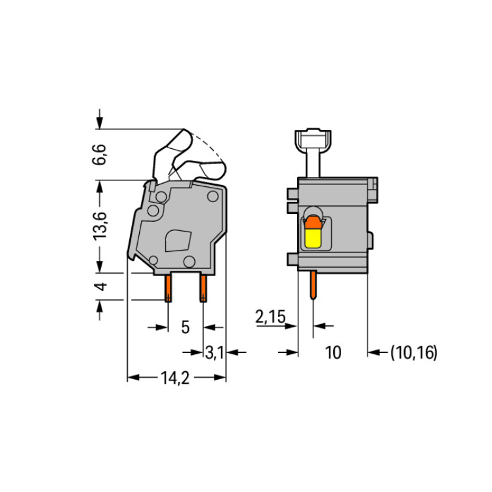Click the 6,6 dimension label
click(x=100, y=154)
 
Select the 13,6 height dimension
click(x=100, y=226)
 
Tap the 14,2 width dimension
click(x=175, y=378)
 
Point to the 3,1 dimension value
click(x=215, y=353)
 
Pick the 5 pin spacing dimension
click(x=186, y=327)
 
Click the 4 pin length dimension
click(x=101, y=287)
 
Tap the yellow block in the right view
click(x=313, y=238)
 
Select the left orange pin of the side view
click(x=168, y=288)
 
